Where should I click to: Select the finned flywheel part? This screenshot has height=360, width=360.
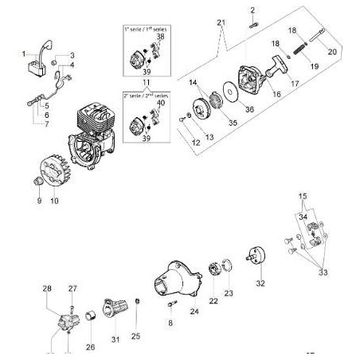(53, 174)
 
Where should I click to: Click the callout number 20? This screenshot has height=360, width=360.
(331, 51)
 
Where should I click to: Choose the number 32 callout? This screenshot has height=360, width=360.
(260, 283)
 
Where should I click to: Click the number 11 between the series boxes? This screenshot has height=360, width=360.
(147, 83)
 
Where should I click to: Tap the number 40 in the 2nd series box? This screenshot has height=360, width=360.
(162, 101)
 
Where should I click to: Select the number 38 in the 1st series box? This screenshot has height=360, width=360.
(161, 37)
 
